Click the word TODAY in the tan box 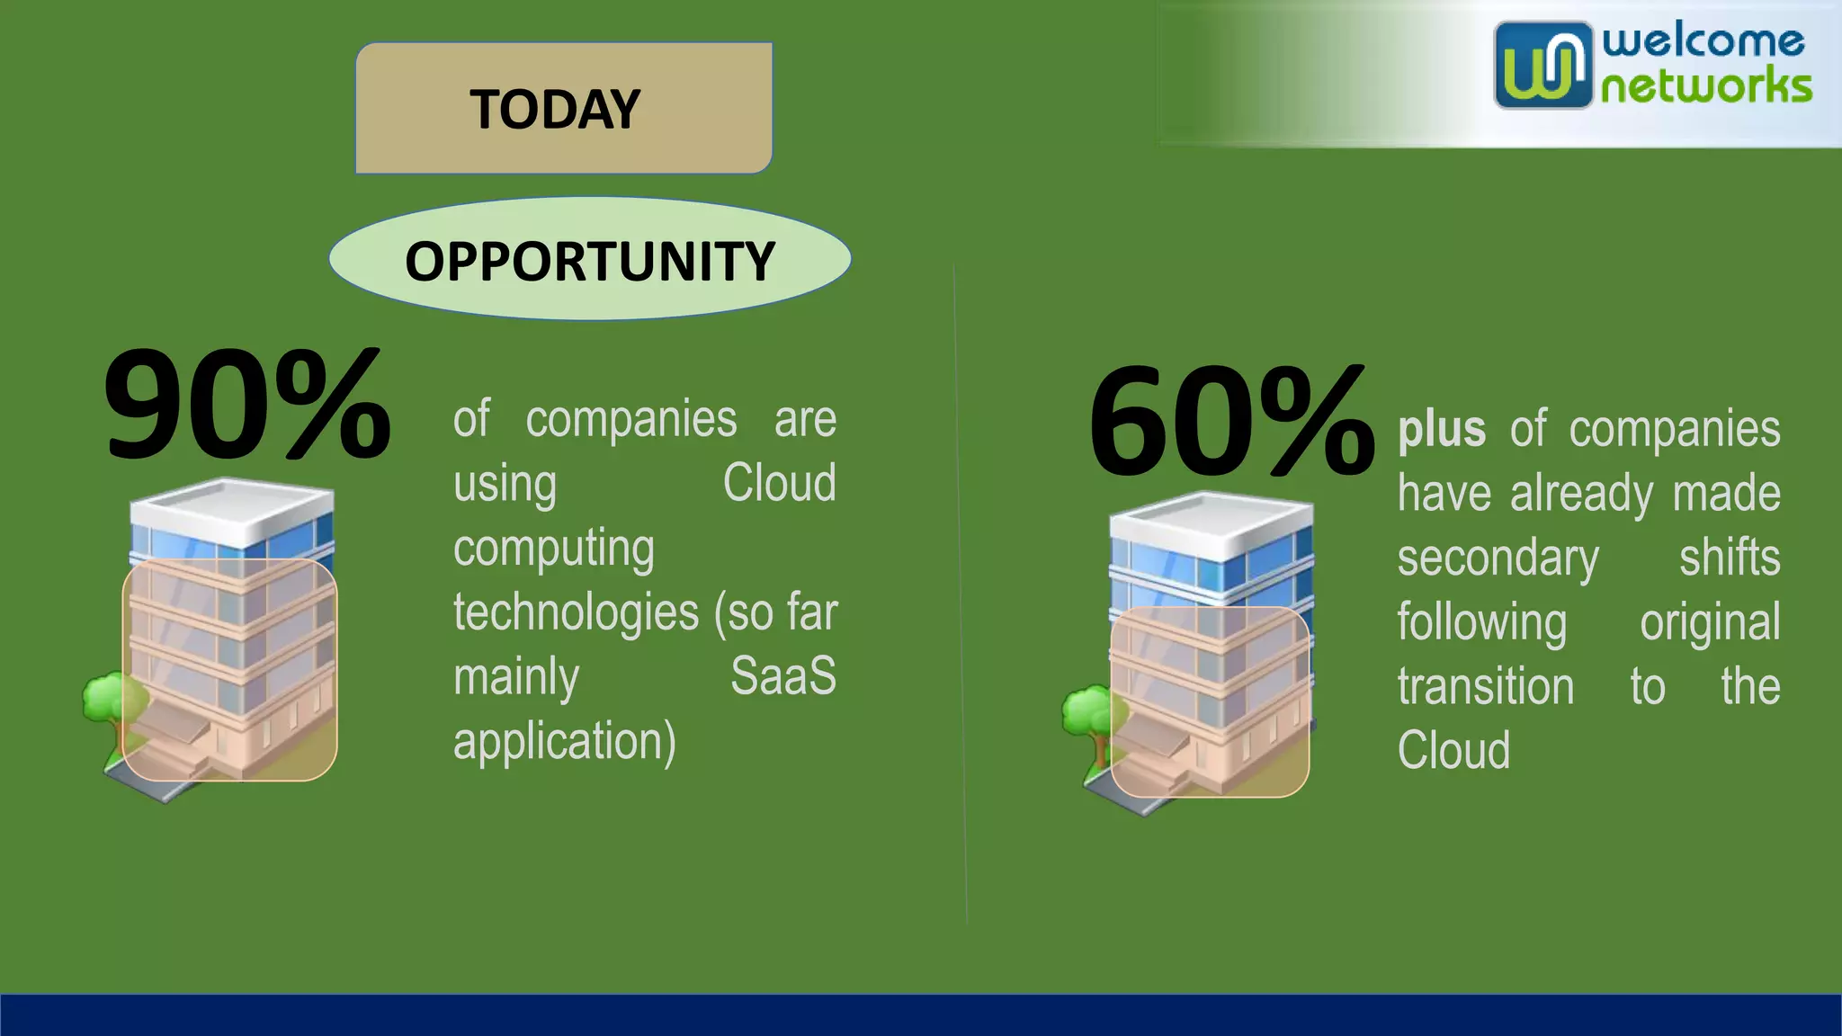554,110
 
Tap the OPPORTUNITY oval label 589,261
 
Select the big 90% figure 246,405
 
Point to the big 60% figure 1230,421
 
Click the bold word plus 1441,429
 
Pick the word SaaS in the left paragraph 782,676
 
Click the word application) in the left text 564,741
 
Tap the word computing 553,549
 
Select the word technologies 576,613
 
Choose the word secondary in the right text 1498,558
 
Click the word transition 1485,687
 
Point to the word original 1709,622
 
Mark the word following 1481,622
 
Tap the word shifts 1729,558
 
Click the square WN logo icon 1542,65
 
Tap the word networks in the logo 1705,87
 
